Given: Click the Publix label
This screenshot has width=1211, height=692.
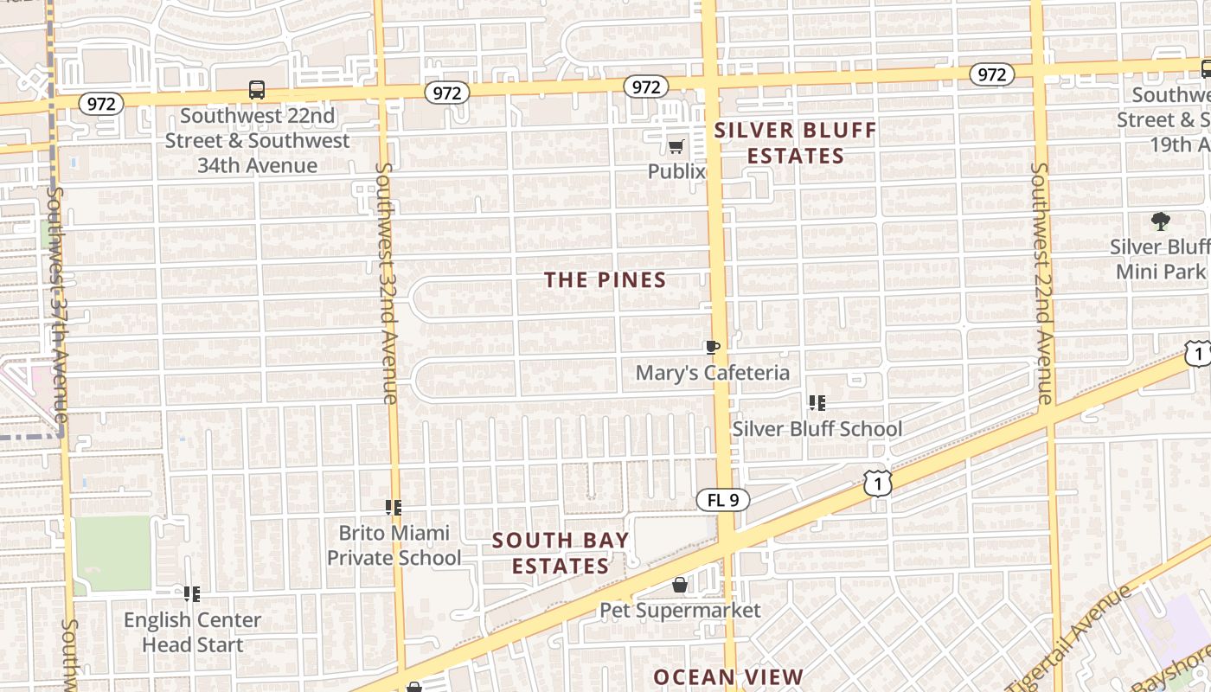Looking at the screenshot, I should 676,171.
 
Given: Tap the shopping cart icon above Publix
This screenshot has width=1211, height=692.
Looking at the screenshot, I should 676,146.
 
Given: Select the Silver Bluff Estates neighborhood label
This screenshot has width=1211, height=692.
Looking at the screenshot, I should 796,144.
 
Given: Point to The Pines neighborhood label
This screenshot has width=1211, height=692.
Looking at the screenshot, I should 605,279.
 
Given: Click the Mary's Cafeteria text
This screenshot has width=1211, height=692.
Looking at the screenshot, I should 713,373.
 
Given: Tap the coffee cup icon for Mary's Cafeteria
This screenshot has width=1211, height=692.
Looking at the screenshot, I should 712,348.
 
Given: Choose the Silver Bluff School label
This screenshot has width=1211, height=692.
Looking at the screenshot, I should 817,428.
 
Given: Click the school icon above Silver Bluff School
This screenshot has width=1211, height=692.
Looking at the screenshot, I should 817,403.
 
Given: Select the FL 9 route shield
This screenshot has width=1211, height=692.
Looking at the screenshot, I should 723,500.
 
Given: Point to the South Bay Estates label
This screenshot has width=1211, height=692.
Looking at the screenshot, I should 561,553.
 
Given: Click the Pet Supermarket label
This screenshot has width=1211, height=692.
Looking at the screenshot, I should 681,610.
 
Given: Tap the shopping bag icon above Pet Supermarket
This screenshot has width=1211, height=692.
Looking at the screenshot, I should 680,586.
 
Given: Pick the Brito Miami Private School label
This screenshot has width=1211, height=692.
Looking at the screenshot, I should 394,545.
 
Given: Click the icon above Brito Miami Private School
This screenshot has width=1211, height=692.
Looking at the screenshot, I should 394,508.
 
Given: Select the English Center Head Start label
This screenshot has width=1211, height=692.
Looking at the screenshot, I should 192,632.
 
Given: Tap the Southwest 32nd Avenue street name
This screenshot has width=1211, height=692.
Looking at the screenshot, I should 387,283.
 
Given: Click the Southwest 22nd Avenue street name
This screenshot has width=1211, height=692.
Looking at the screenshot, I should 1041,283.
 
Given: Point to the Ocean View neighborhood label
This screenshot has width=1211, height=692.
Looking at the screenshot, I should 728,676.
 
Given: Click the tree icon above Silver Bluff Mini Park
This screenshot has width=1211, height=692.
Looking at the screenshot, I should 1160,221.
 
